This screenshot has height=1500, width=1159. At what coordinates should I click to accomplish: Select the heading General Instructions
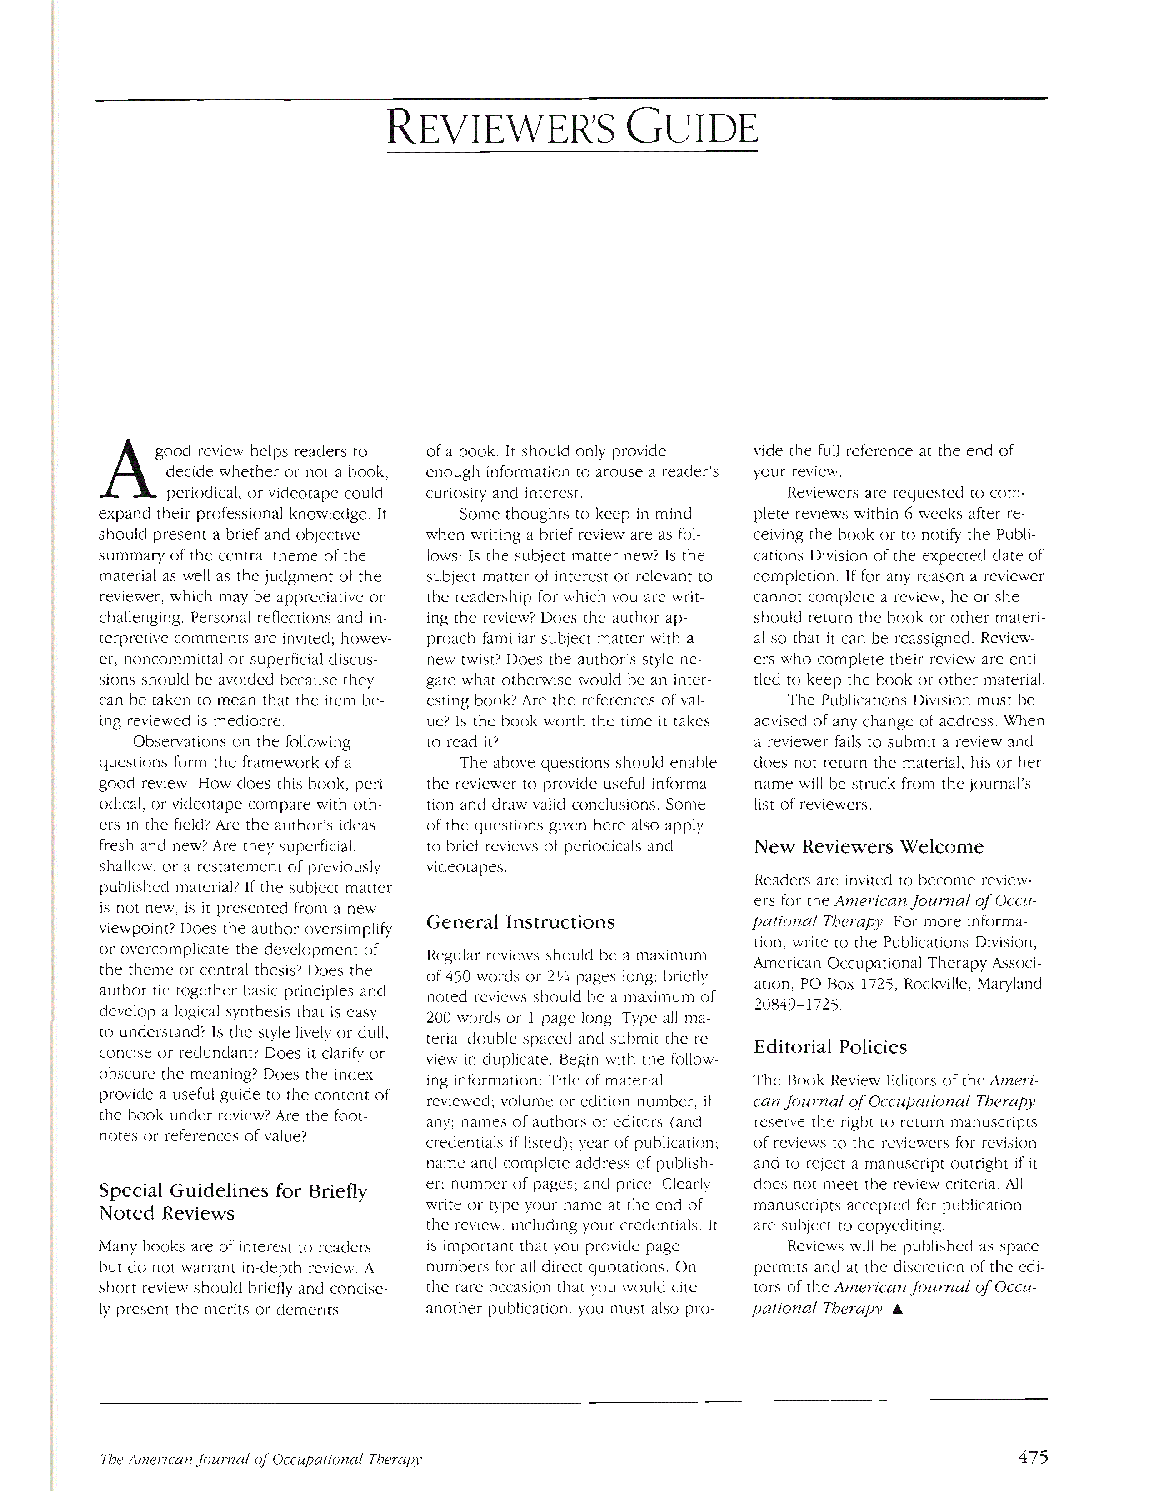pyautogui.click(x=520, y=922)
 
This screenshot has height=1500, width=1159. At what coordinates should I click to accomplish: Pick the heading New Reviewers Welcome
pyautogui.click(x=869, y=846)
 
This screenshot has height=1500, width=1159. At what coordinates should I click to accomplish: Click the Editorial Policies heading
pyautogui.click(x=830, y=1047)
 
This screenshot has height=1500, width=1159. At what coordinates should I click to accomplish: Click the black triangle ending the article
pyautogui.click(x=898, y=1309)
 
